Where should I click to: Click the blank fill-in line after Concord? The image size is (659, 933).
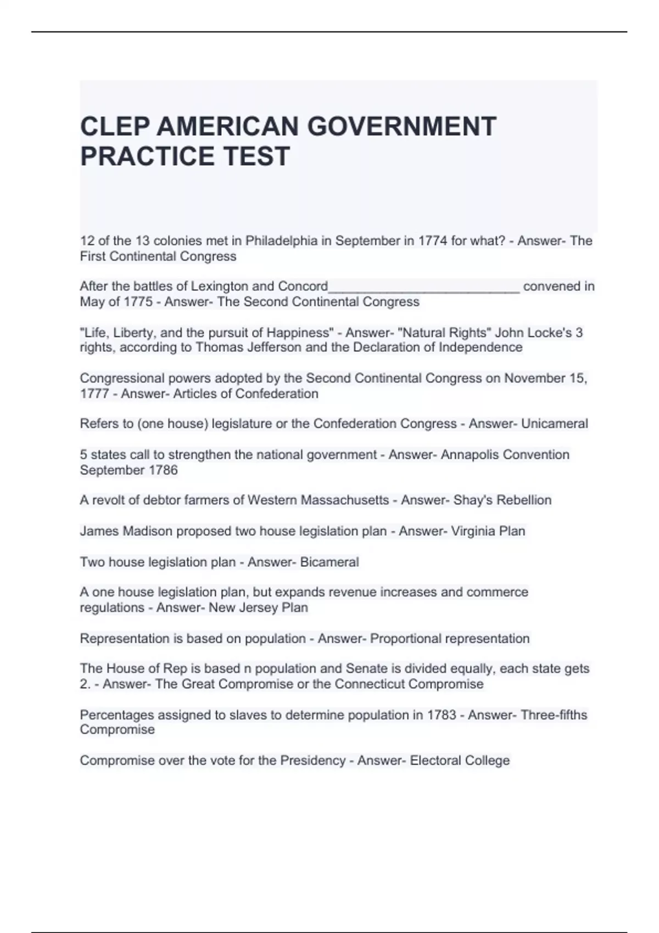(x=423, y=289)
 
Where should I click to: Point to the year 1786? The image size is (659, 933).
(x=163, y=470)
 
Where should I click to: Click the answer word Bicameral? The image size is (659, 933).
(x=329, y=562)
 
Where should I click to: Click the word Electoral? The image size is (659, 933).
(x=435, y=761)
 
